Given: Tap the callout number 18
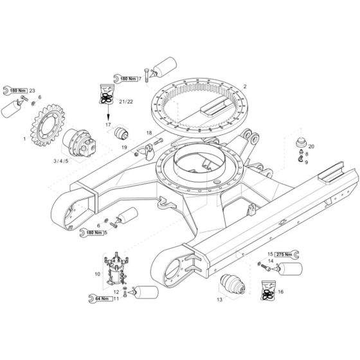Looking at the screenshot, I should [148, 133].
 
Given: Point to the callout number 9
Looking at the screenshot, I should [306, 162].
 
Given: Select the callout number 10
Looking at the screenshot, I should [97, 274].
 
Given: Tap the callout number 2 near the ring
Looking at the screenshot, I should [244, 86].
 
